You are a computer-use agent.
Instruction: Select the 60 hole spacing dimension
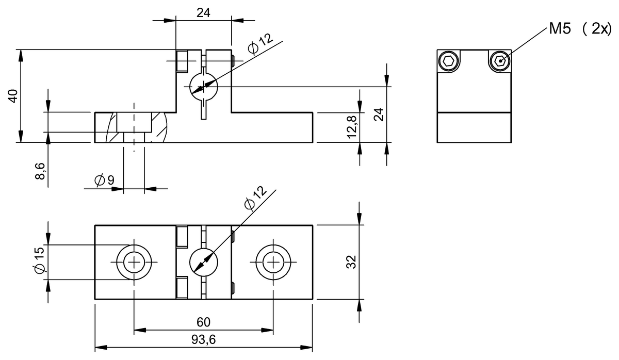pos(203,322)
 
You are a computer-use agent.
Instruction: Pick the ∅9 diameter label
pos(104,180)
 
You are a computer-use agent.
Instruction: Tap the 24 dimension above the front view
pos(203,13)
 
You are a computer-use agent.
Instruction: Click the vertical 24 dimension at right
pos(379,114)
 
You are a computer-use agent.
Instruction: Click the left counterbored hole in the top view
pos(134,263)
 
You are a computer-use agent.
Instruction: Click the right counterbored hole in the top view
pos(273,263)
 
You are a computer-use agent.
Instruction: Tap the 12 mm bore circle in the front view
pos(203,86)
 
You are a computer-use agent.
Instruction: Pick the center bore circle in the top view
pos(203,263)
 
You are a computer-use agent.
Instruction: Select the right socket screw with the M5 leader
pos(499,61)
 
